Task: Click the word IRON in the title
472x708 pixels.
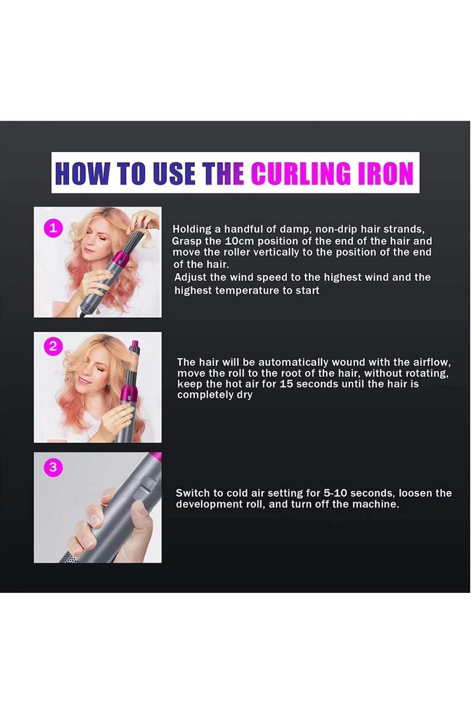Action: tap(385, 173)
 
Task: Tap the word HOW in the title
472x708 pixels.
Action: tap(83, 173)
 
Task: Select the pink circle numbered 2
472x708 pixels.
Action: tap(53, 347)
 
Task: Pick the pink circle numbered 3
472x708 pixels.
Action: tap(53, 467)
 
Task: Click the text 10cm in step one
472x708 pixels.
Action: tap(241, 241)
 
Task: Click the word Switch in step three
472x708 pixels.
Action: tap(192, 493)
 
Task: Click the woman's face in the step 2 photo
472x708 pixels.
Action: tap(94, 369)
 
